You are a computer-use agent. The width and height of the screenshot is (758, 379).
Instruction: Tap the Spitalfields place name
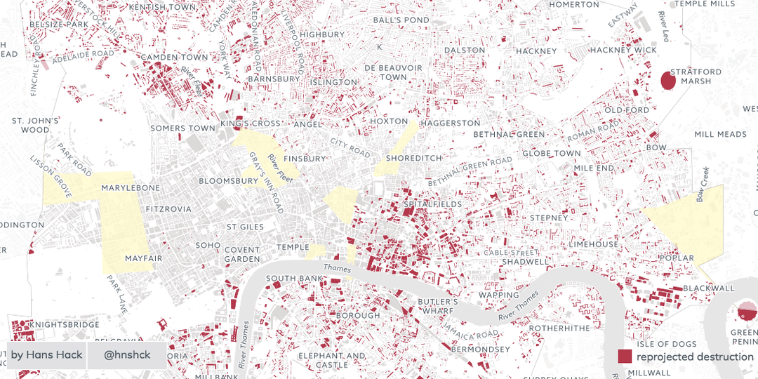(433, 204)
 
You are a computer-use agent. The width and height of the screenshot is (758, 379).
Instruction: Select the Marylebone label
(131, 188)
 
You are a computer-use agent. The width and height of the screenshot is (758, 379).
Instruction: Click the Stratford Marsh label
(696, 76)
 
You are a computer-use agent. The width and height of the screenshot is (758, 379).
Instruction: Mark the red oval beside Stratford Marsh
(668, 80)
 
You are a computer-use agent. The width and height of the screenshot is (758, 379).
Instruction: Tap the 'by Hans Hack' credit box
(46, 355)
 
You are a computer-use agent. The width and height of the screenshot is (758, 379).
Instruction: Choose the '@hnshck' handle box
(127, 355)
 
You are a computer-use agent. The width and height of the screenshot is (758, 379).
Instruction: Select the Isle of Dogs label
(666, 344)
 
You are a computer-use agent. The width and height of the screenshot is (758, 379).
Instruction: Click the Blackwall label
(708, 288)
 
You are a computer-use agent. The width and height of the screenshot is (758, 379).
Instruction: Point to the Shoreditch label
(413, 158)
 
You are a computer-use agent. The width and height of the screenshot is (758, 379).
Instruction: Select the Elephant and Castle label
(333, 360)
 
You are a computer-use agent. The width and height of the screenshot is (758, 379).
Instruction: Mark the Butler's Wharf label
(437, 307)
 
